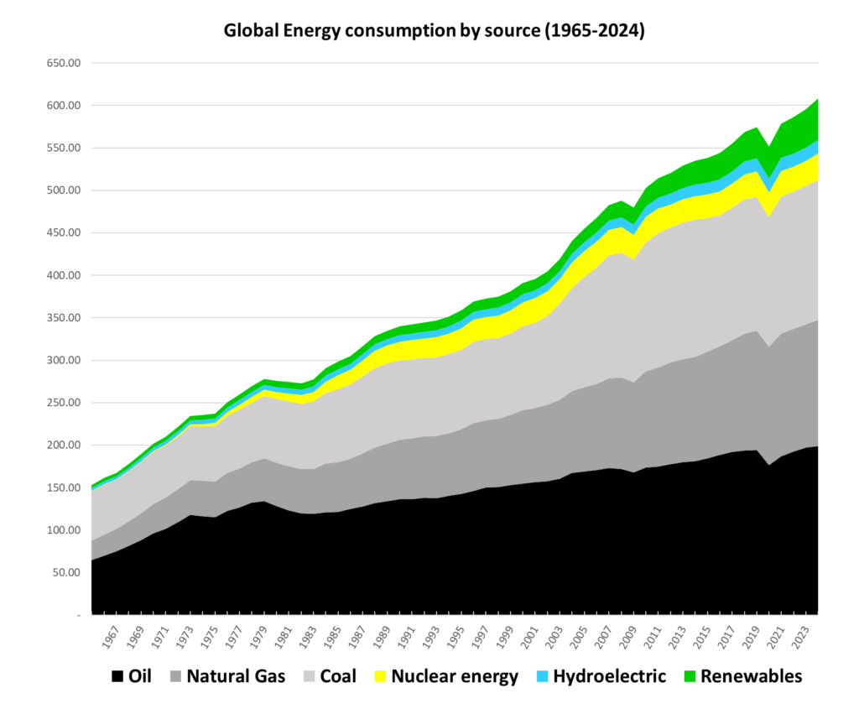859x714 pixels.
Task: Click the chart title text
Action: click(433, 32)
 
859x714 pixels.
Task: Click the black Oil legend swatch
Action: click(117, 676)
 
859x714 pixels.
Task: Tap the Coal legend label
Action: click(337, 676)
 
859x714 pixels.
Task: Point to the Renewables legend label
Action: click(751, 676)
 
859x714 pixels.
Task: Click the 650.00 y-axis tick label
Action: click(62, 64)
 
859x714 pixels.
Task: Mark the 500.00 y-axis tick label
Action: click(62, 190)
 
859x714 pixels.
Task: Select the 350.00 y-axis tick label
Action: click(62, 318)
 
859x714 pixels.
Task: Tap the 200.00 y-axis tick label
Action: click(62, 446)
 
